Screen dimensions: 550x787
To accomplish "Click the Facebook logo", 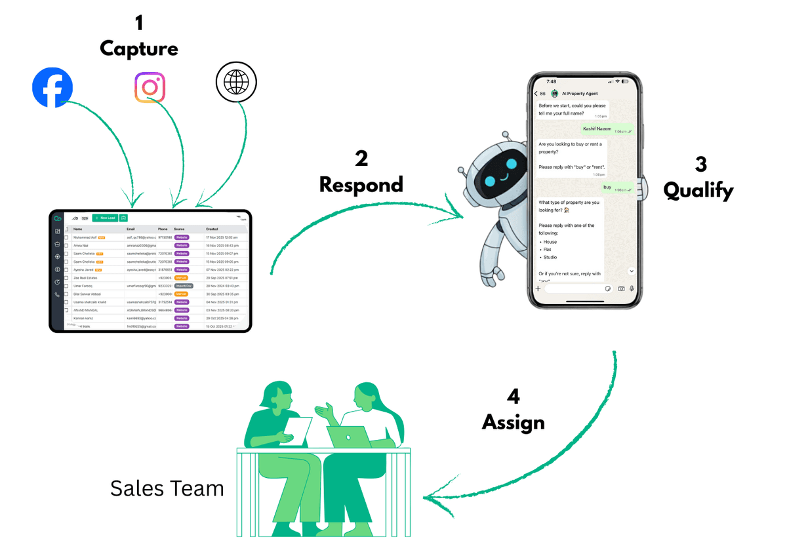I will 52,87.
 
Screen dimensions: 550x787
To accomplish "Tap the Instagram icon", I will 150,87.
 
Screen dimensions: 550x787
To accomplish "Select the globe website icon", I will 236,84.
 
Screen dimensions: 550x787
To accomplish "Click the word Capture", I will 138,49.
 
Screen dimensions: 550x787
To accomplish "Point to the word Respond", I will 361,185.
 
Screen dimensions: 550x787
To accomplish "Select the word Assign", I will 514,422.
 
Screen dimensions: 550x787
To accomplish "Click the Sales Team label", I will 167,488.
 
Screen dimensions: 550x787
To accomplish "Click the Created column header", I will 212,229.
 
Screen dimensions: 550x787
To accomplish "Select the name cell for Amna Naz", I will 82,245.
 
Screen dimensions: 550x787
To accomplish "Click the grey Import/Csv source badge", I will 184,286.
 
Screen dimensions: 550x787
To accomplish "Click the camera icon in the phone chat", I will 620,288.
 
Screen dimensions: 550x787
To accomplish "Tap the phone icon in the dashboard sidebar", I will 58,295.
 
